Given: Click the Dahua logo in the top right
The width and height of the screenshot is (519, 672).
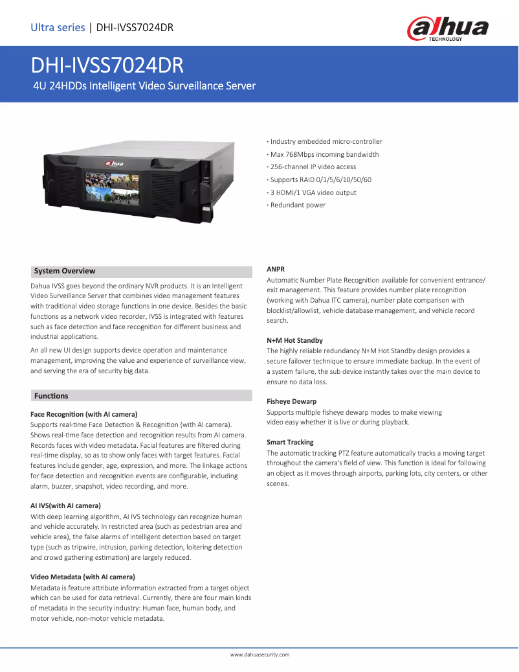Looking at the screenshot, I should click(447, 29).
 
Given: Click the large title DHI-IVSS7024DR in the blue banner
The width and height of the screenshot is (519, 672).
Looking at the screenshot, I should click(107, 66).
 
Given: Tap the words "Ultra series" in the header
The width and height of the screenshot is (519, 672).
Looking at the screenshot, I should click(58, 27).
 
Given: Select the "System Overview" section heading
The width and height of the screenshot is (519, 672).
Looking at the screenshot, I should click(65, 271).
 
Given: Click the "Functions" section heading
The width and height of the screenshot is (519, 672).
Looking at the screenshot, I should click(51, 395).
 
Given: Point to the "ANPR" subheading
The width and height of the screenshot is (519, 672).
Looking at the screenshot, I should click(276, 268).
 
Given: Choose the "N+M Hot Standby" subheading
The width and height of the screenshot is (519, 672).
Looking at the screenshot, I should click(294, 340).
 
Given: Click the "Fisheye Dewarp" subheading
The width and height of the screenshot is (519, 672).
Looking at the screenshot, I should click(291, 401).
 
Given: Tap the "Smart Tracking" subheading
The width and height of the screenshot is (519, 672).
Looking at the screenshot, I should click(290, 442).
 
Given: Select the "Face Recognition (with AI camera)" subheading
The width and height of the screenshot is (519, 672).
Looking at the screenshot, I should click(84, 413).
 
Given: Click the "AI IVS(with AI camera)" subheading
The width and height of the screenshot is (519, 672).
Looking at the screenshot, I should click(65, 505).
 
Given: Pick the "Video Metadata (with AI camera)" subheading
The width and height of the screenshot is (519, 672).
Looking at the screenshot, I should click(83, 577).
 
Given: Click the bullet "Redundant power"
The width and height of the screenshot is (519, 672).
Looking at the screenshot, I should click(298, 205).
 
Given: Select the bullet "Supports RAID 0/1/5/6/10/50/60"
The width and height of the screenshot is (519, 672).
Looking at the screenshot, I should click(320, 180).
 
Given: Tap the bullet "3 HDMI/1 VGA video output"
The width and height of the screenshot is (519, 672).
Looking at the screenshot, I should click(313, 192).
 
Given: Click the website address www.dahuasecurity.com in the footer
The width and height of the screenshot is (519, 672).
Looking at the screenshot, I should click(259, 655).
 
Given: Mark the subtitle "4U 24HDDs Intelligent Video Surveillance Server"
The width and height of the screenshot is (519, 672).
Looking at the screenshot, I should click(144, 86).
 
